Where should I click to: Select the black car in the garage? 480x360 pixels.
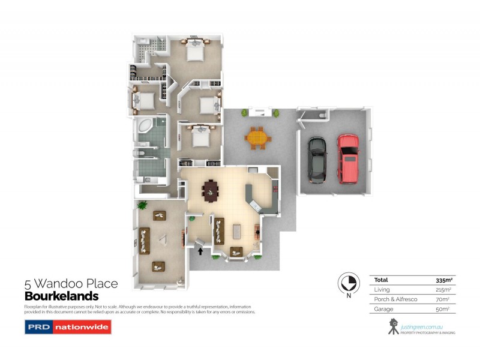click(x=316, y=160)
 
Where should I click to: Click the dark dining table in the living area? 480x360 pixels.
click(x=211, y=191)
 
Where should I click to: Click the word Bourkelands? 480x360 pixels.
click(x=61, y=296)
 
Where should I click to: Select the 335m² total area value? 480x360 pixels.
click(x=444, y=280)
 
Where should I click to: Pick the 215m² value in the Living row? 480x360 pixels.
click(x=445, y=290)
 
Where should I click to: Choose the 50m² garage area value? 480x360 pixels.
click(x=445, y=309)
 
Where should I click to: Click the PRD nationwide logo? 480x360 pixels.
click(x=67, y=327)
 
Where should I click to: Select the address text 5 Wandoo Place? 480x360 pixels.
click(x=71, y=284)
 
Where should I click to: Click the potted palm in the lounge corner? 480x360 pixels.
click(x=143, y=205)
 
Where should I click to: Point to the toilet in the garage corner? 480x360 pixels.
click(x=322, y=114)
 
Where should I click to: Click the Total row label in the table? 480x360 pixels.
click(x=381, y=280)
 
